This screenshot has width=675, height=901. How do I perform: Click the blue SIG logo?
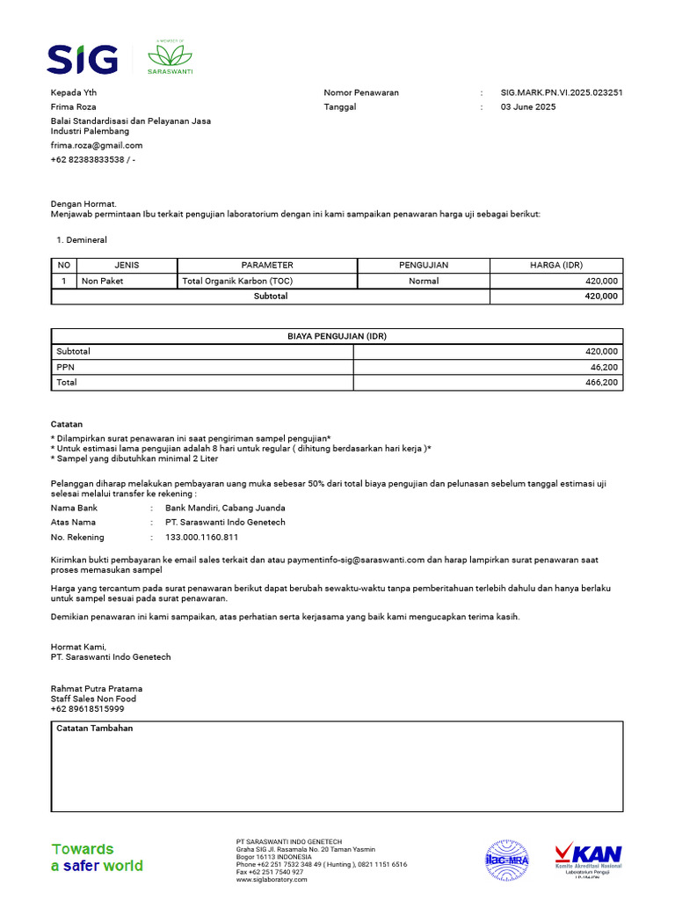tap(82, 59)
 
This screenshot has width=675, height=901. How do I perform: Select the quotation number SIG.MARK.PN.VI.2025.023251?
tap(562, 92)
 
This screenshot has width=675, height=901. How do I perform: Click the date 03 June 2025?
tap(528, 106)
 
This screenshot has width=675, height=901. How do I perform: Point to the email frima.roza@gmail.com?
tap(97, 145)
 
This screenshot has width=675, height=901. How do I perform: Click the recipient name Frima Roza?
tap(74, 106)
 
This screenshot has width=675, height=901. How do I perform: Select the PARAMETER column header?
tap(267, 265)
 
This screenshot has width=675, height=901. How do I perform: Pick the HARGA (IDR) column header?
tap(555, 265)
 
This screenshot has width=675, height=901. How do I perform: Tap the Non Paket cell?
tap(103, 281)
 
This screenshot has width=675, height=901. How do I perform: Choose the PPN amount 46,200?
tap(603, 367)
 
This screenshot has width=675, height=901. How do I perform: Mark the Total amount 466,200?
tap(601, 383)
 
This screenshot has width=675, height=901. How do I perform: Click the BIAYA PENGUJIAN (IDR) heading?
tap(337, 336)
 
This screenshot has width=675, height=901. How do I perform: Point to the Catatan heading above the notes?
tap(67, 424)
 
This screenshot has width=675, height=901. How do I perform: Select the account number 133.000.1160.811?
tap(201, 537)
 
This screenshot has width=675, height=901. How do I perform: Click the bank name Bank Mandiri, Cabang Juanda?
tap(225, 508)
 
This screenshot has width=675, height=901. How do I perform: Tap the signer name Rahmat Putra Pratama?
tap(97, 688)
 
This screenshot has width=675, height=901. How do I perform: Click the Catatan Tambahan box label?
tap(95, 729)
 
